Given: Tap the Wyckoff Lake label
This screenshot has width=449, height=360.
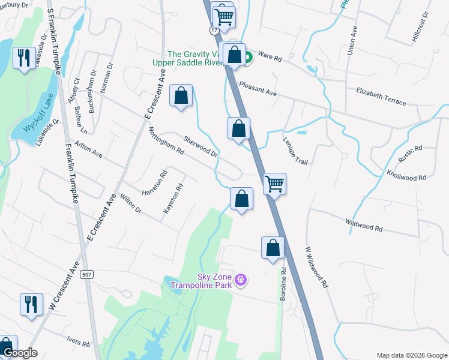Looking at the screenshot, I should pos(38,120).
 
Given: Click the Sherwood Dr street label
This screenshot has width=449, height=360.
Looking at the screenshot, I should pos(199,145).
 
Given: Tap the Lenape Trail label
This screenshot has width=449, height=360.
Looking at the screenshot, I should pos(295,150).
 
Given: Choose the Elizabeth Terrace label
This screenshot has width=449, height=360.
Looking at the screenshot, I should pos(381,96).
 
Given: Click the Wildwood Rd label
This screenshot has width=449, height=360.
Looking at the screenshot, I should pos(364,226).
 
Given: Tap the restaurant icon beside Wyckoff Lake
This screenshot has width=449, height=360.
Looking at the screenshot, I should pos(24,58).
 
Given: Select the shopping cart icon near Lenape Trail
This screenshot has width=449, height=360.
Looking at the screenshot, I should pos(274,184).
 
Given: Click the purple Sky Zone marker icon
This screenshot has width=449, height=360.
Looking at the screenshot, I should pos(241,280).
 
